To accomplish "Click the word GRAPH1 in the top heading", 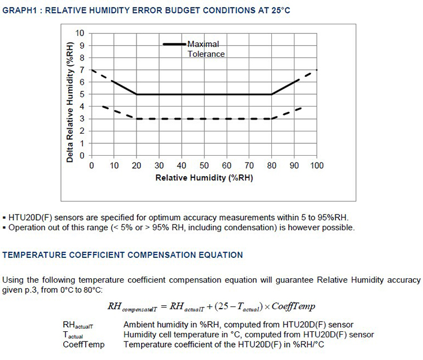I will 19,11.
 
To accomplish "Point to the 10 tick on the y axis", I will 81,33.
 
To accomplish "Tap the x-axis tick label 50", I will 204,166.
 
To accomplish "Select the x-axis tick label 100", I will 317,166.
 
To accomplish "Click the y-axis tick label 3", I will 82,118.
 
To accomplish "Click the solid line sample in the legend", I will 174,44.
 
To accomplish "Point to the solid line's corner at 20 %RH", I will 136,94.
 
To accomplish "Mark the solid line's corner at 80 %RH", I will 272,94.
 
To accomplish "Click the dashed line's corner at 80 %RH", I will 272,118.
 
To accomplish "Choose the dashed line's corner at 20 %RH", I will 136,118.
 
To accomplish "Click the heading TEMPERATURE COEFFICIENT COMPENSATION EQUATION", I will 122,255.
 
